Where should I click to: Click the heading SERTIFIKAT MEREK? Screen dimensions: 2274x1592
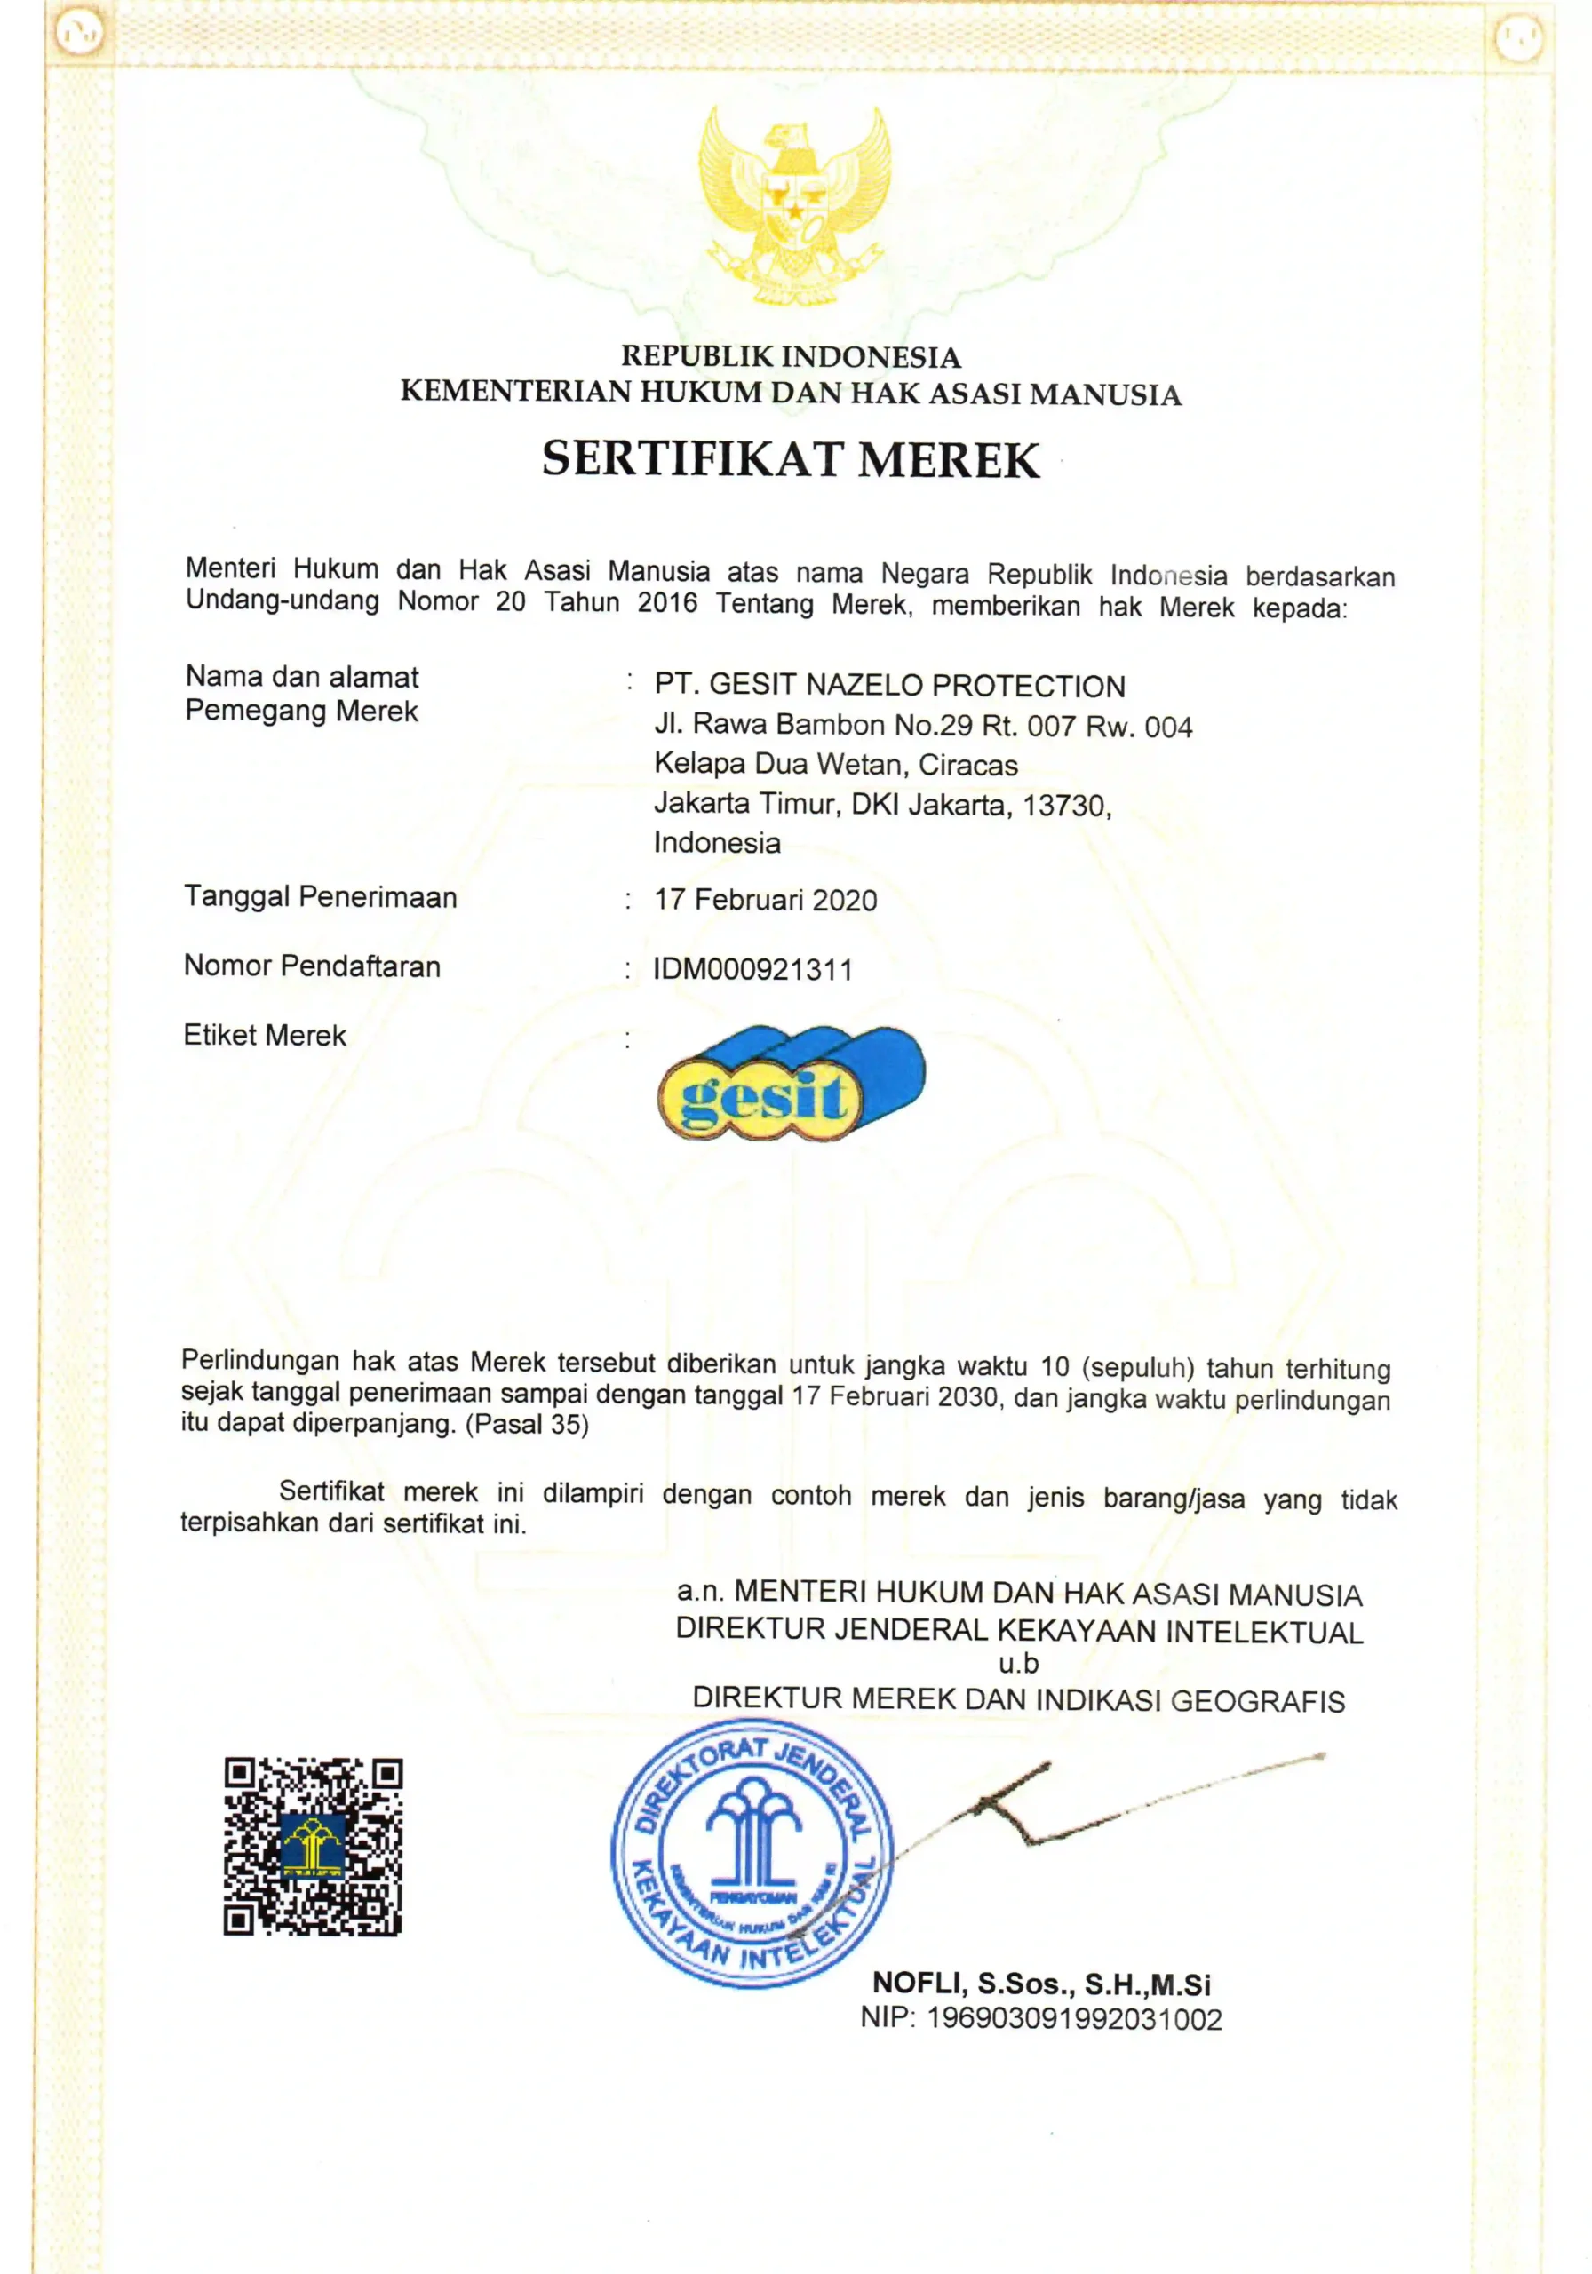pos(791,460)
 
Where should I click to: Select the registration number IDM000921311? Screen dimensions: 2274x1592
pos(752,970)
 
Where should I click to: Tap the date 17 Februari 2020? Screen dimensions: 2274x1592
pos(765,901)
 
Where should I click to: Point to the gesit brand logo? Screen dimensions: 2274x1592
pos(791,1084)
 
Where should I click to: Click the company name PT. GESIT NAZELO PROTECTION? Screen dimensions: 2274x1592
pos(889,686)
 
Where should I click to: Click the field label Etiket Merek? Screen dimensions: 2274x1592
pos(265,1036)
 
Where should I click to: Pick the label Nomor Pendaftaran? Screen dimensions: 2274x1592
pos(312,966)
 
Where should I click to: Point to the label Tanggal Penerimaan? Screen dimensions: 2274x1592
pos(320,897)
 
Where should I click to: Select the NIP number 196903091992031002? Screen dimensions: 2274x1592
pos(1074,2018)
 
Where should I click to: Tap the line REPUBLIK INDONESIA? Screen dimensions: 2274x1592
pos(791,356)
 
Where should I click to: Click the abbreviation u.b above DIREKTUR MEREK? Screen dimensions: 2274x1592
pos(1018,1663)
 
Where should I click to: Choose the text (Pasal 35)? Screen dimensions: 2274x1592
pos(527,1425)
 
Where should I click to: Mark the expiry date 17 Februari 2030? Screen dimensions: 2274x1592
pos(895,1396)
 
